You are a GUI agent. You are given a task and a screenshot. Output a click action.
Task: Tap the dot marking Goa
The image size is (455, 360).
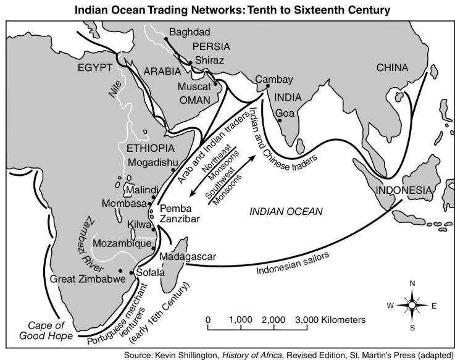[x=280, y=121]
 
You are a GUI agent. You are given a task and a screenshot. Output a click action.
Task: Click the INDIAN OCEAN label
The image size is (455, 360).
[x=286, y=211]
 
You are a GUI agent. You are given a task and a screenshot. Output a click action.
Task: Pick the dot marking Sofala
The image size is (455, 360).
[x=131, y=272]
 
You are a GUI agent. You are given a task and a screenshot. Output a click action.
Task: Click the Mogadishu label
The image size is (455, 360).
[x=155, y=163]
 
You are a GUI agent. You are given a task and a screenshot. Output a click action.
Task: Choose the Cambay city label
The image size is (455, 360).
[x=273, y=79]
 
